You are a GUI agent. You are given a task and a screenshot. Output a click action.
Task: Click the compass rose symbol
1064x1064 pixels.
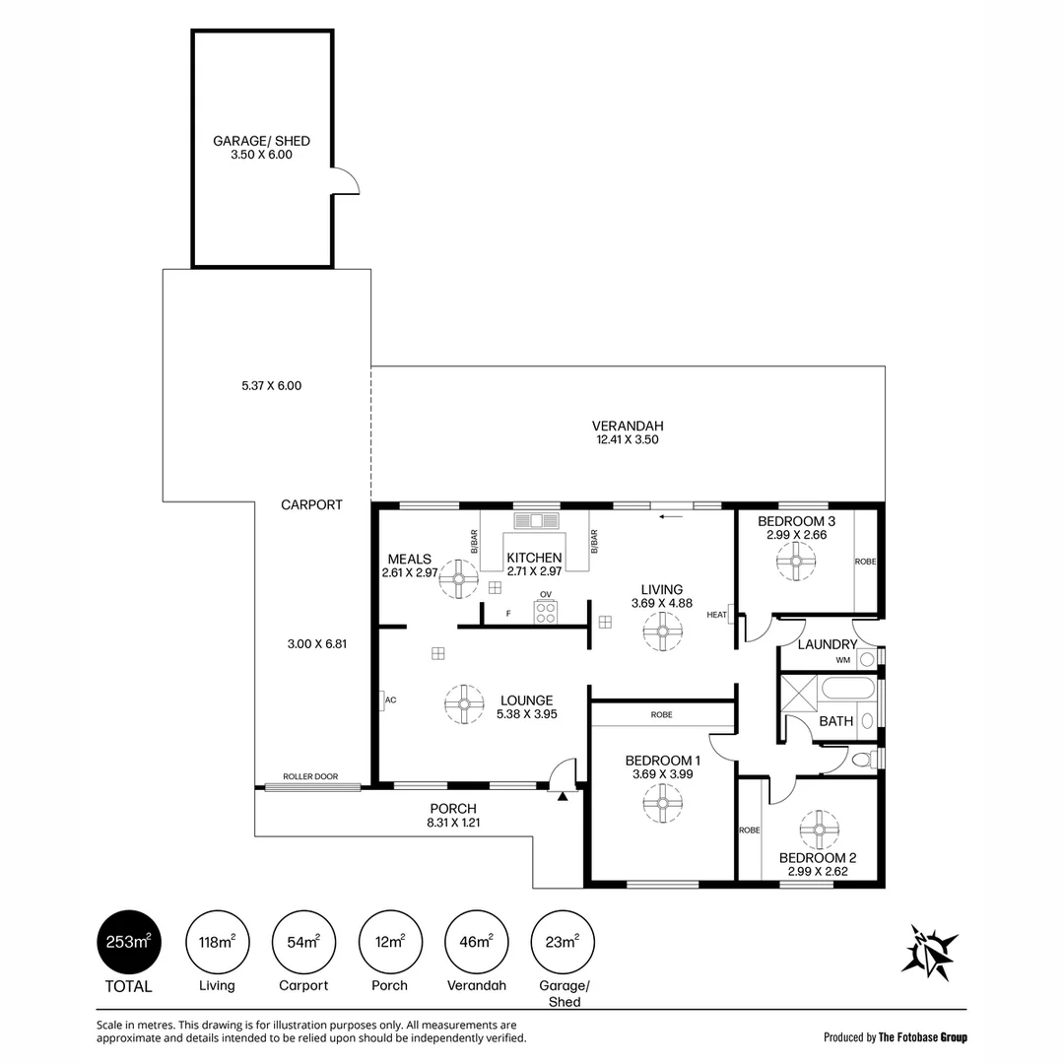(928, 952)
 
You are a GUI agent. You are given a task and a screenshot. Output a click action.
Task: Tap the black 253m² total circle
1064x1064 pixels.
(129, 943)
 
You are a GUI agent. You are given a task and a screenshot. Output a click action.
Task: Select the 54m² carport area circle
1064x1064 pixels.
(303, 943)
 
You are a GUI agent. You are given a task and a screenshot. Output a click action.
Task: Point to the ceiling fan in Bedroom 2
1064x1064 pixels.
(819, 830)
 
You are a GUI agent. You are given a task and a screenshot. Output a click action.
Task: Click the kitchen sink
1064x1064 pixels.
(536, 521)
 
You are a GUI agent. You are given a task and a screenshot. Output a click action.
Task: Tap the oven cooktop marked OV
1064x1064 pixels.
(546, 612)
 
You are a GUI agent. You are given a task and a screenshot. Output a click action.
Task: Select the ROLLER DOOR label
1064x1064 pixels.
(310, 776)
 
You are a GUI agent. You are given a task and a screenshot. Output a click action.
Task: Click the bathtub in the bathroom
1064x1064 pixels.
(848, 691)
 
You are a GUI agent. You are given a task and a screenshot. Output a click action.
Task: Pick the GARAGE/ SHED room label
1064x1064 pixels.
(261, 141)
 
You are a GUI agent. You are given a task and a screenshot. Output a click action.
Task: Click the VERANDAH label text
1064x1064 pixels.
(628, 427)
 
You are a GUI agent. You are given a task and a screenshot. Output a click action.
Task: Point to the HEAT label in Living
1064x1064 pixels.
(716, 615)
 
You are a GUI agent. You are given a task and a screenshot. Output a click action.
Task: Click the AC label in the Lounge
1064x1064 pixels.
(391, 700)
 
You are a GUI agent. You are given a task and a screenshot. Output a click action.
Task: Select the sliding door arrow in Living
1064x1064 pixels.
(671, 517)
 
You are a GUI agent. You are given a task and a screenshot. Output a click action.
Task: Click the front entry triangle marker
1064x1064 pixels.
(563, 797)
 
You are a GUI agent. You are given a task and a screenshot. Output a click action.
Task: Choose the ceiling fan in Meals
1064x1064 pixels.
(459, 579)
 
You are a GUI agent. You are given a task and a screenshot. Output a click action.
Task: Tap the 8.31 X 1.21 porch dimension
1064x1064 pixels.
(453, 823)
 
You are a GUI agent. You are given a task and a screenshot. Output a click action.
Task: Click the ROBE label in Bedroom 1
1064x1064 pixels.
(662, 714)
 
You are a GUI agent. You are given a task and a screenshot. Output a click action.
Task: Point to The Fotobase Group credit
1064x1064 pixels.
(923, 1036)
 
